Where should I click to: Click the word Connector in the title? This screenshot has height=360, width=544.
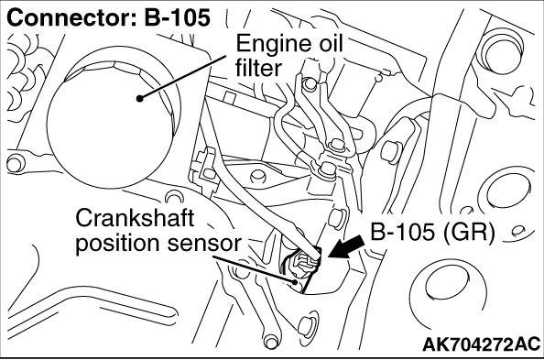(x=72, y=17)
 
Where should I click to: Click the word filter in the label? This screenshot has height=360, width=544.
(x=258, y=68)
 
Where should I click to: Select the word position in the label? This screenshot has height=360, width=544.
(x=119, y=244)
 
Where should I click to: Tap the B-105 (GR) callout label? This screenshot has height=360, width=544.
(x=432, y=232)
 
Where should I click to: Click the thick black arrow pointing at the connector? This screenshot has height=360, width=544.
(x=345, y=248)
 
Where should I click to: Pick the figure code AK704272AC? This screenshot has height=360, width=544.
(x=482, y=344)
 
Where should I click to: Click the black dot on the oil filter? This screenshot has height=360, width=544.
(x=139, y=99)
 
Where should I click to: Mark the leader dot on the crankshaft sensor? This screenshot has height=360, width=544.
(x=295, y=282)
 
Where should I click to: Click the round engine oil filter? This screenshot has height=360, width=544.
(x=114, y=125)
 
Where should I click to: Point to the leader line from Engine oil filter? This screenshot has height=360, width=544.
(x=183, y=77)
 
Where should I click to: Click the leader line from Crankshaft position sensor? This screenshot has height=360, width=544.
(x=254, y=269)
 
